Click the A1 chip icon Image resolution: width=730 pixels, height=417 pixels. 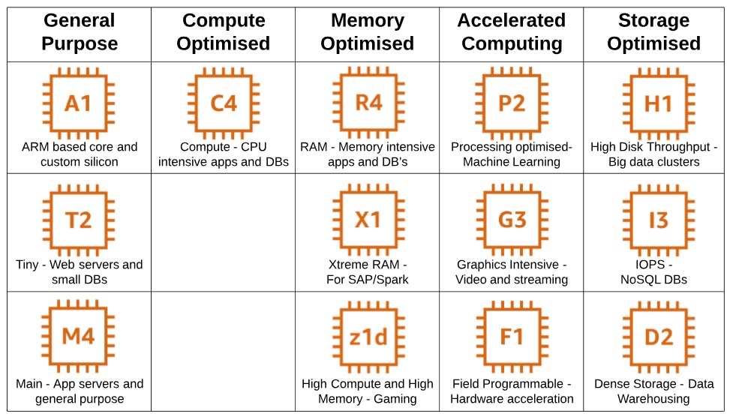coord(79,103)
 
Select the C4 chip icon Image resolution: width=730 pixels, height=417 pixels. coord(224,103)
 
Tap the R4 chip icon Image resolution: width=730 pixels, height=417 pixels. coord(368,103)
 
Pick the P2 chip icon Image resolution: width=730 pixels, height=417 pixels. coord(512,103)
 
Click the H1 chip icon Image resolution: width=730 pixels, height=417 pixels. coord(658,103)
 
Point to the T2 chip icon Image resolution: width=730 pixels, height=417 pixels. coord(79,220)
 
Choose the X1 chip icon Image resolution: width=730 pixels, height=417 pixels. coord(368,220)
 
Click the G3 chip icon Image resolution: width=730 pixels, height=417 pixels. coord(512,220)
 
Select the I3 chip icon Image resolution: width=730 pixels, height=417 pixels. coord(658,220)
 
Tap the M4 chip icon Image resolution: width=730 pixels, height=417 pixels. coord(79,337)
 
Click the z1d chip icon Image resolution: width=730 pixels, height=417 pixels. coord(368,337)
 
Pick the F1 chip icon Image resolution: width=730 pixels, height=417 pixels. coord(512,337)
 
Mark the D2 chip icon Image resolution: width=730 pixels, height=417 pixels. coord(658,337)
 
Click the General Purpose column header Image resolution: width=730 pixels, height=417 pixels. coord(80,32)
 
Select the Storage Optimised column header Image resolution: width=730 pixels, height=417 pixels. coord(653,32)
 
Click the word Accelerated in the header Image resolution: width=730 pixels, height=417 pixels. coord(511,20)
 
